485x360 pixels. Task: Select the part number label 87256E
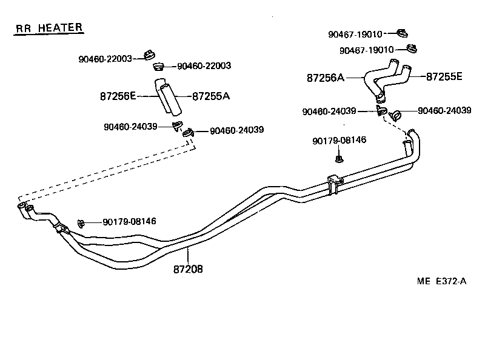[x=118, y=96]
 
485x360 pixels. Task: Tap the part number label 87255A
[x=210, y=96]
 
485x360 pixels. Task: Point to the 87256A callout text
[x=325, y=78]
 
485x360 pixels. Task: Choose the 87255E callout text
[x=444, y=76]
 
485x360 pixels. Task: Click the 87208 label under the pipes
[x=187, y=268]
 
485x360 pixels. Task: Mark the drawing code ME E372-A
[x=441, y=281]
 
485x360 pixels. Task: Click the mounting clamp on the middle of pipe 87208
[x=333, y=184]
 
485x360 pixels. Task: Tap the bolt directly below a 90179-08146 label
[x=339, y=159]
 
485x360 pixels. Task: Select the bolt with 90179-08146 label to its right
[x=81, y=222]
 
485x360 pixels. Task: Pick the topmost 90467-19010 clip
[x=402, y=33]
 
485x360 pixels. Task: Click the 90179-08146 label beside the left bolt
[x=129, y=222]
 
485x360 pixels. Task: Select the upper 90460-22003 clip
[x=149, y=56]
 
